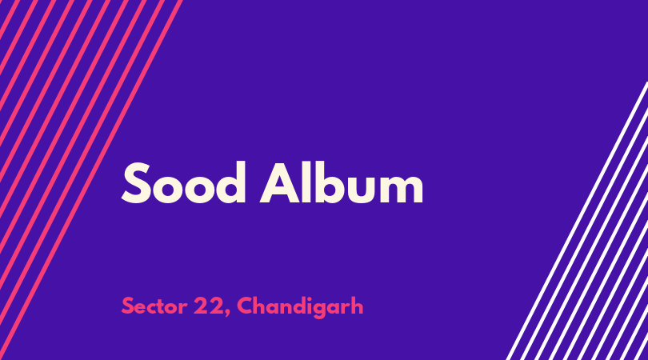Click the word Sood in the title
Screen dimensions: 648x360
[183, 183]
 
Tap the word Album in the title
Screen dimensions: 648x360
[342, 183]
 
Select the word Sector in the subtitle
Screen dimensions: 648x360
[154, 306]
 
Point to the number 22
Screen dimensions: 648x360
[208, 306]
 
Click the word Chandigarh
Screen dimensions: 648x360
[300, 307]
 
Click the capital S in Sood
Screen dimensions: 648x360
[135, 183]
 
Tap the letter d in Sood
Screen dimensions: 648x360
[230, 183]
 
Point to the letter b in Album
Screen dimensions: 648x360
[333, 183]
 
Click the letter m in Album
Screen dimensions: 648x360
[402, 188]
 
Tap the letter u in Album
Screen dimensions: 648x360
[364, 189]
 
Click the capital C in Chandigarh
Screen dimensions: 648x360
[246, 306]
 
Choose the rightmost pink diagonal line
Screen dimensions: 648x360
[90, 180]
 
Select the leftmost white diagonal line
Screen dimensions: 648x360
[577, 221]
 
